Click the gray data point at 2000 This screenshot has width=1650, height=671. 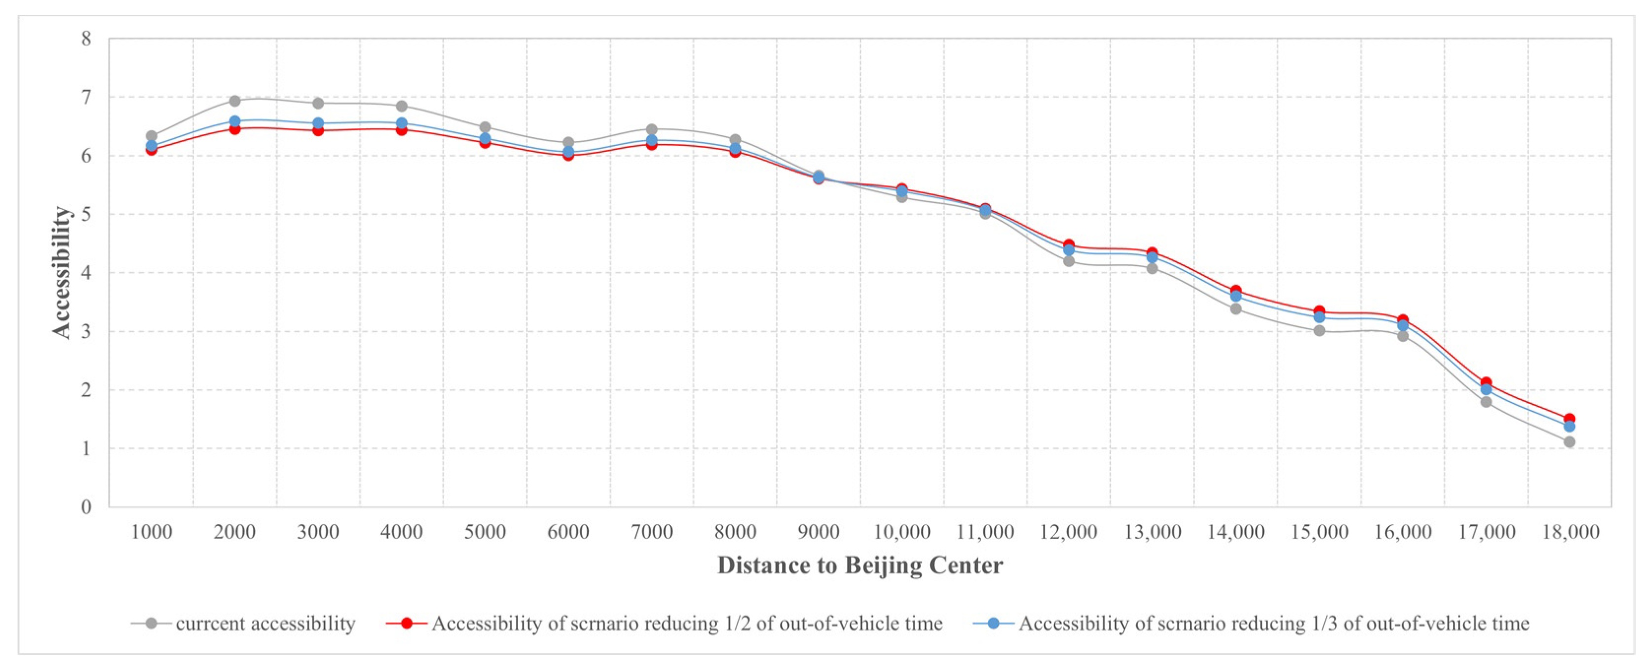[x=234, y=101]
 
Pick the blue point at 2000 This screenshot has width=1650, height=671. [x=234, y=121]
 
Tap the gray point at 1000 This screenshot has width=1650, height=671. [x=151, y=136]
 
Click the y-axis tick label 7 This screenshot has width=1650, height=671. [x=86, y=97]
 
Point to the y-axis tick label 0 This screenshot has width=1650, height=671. [x=86, y=507]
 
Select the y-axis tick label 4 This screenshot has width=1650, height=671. [x=86, y=273]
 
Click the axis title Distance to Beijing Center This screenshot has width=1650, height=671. [x=859, y=565]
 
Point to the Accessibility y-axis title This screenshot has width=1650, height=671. [x=62, y=272]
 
